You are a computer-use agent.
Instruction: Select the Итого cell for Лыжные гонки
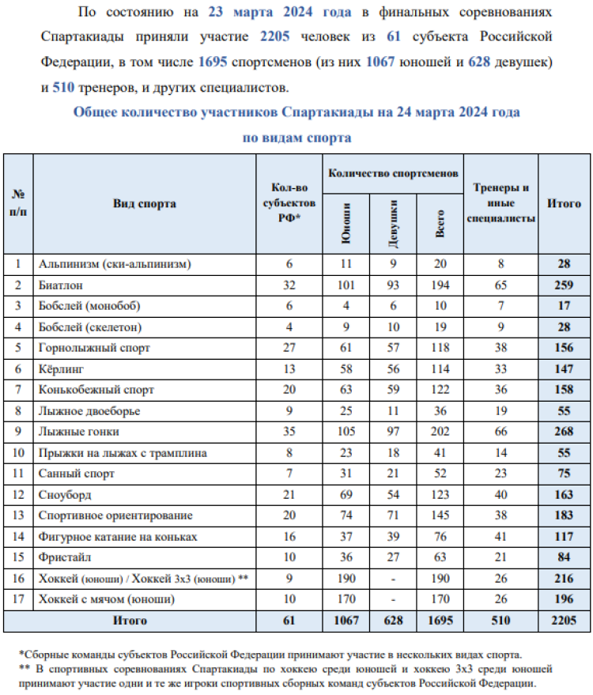[x=564, y=432]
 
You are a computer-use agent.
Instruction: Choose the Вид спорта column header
[x=145, y=203]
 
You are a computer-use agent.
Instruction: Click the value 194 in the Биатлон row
[x=440, y=285]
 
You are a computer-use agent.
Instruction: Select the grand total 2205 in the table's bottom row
[x=564, y=620]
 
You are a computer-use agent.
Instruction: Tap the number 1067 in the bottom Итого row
[x=346, y=620]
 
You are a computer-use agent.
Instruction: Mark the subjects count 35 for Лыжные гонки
[x=289, y=432]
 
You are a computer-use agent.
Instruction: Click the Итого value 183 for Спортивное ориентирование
[x=564, y=516]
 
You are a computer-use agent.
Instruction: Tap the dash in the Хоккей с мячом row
[x=393, y=599]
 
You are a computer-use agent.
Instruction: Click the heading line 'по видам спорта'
[x=296, y=137]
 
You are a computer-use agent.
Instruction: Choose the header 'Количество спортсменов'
[x=393, y=172]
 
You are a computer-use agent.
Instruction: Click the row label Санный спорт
[x=77, y=474]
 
